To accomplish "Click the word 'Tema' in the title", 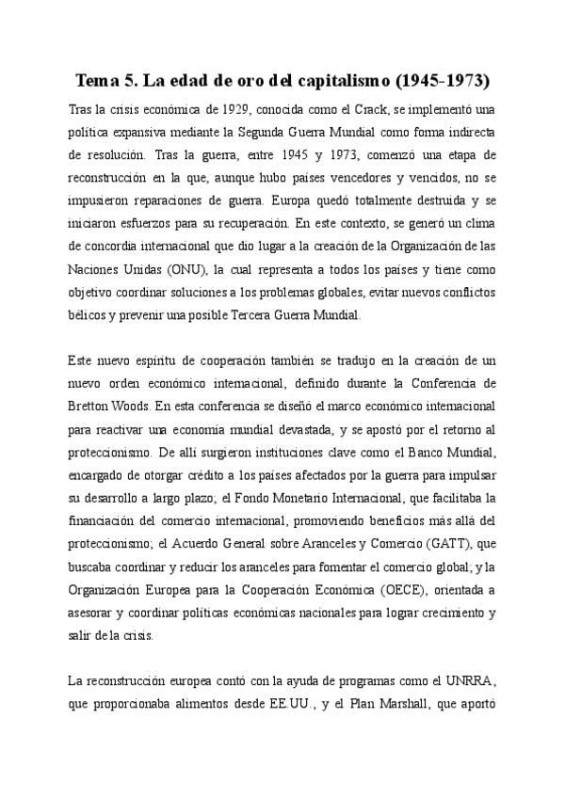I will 96,79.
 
